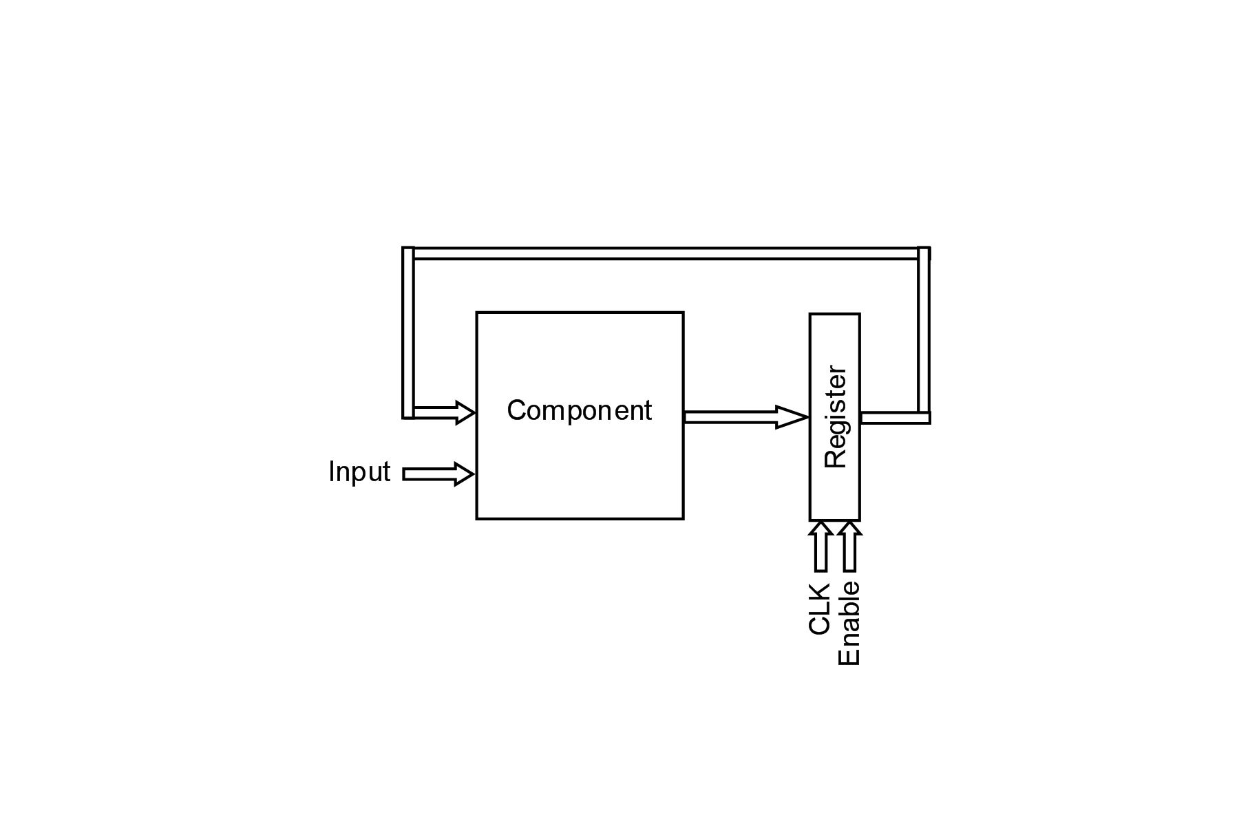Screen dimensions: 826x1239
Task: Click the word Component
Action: tap(579, 411)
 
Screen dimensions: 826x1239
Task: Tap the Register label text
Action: tap(835, 417)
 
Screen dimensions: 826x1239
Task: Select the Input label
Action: tap(359, 472)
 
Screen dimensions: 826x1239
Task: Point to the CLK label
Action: tap(819, 608)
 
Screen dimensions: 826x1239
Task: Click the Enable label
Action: tap(849, 624)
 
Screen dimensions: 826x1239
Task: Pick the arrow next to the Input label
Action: tap(438, 474)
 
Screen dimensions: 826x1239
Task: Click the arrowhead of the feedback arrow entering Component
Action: tap(465, 412)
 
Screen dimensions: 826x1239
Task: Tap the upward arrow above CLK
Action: tap(820, 546)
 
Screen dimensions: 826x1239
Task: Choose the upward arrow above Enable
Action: tap(850, 546)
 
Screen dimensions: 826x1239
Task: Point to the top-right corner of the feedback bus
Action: tap(924, 253)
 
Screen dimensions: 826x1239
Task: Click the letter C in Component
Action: tap(516, 411)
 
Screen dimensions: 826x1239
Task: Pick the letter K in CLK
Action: tap(819, 592)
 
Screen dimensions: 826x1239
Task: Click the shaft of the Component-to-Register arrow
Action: tap(730, 417)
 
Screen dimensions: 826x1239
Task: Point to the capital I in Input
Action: tap(332, 472)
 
